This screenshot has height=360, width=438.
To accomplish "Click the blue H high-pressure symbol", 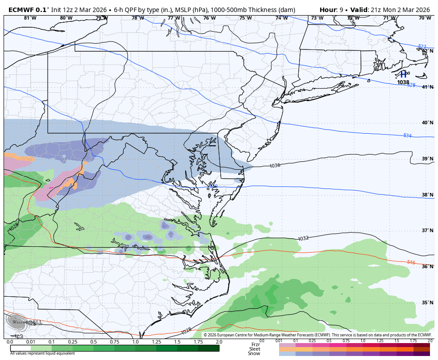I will pos(403,74).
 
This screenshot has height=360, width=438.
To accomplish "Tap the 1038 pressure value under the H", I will pos(403,82).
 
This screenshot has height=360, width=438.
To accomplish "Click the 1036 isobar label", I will pos(275,166).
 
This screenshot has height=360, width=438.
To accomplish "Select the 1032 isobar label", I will pos(303,239).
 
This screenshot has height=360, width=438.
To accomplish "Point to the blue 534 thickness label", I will pos(407,135).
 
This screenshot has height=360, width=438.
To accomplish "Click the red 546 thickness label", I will pos(411,262).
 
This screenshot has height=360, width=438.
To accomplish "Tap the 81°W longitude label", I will pos(30,18).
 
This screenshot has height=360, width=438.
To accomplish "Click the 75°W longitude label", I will pos(245,18).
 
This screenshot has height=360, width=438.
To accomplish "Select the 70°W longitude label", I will pos(425,18).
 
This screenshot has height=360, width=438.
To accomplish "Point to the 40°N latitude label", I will pos(427,123).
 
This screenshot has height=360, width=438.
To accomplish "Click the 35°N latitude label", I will pos(427,303).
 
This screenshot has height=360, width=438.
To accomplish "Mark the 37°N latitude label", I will pos(427,231).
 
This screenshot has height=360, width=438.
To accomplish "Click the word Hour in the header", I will pos(328,9).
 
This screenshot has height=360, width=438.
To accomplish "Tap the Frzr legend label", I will pos(255,344).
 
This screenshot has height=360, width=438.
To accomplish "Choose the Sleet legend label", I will pos(255,349).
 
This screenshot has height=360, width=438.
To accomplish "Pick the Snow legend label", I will pos(254,354).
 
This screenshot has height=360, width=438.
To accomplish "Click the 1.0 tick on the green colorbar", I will pos(135,342).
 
